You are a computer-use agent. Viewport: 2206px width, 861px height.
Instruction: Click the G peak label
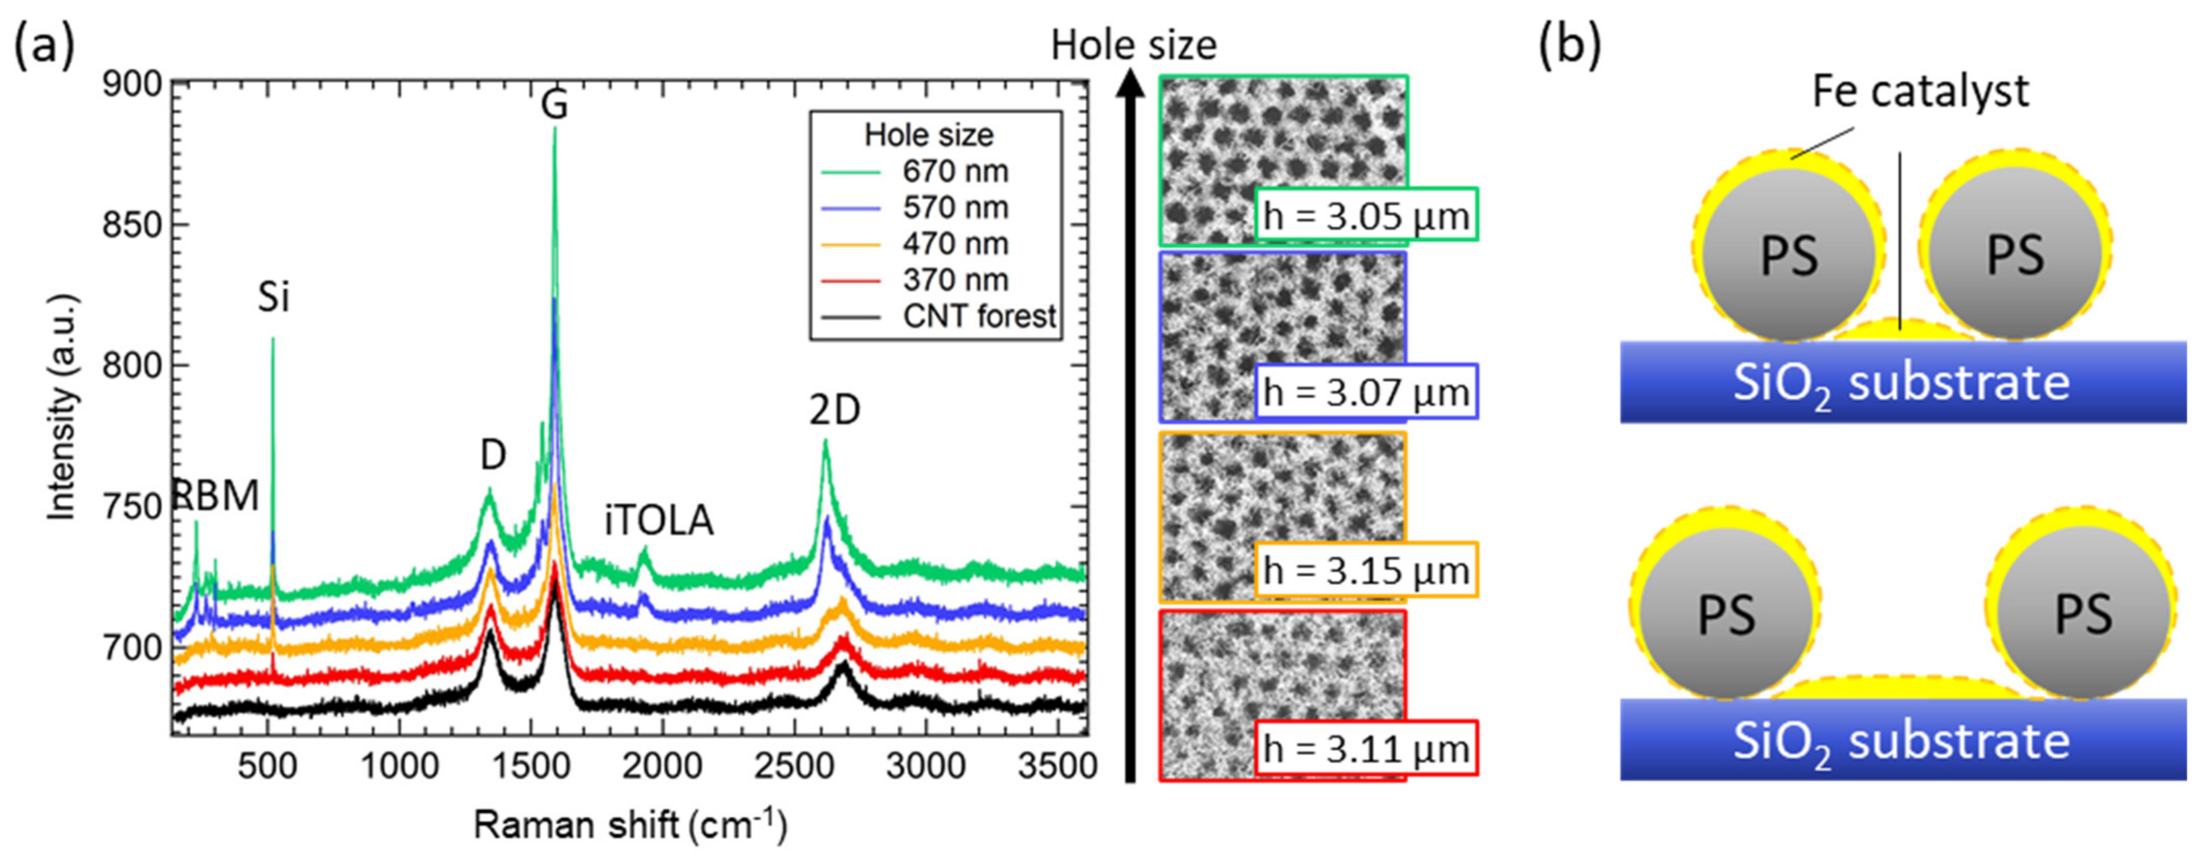pyautogui.click(x=554, y=106)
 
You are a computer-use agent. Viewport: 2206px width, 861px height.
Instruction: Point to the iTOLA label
pyautogui.click(x=658, y=520)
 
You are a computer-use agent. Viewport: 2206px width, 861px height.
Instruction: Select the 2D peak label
pyautogui.click(x=834, y=411)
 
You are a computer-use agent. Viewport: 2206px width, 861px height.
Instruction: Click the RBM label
pyautogui.click(x=216, y=496)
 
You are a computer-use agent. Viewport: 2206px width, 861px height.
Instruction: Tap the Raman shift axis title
pyautogui.click(x=629, y=825)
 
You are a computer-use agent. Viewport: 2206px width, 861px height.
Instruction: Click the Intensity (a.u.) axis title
pyautogui.click(x=62, y=407)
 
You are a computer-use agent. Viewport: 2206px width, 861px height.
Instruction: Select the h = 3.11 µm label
pyautogui.click(x=1366, y=749)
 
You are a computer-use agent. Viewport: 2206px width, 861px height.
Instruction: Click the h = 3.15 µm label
pyautogui.click(x=1366, y=570)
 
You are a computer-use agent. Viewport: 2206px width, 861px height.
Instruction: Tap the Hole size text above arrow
pyautogui.click(x=1133, y=45)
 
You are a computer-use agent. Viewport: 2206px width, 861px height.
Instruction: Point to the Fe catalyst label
pyautogui.click(x=1920, y=91)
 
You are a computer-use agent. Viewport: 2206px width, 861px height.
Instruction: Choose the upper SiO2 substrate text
pyautogui.click(x=1901, y=383)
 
